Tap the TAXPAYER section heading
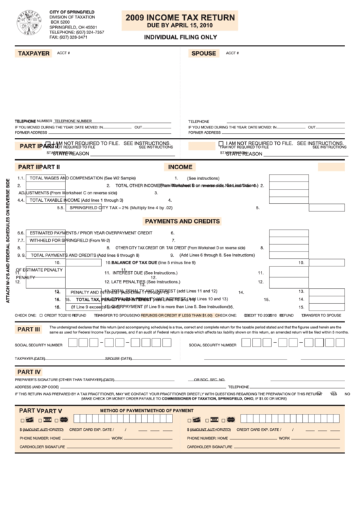33,53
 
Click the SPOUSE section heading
203,53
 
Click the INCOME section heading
180,166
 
